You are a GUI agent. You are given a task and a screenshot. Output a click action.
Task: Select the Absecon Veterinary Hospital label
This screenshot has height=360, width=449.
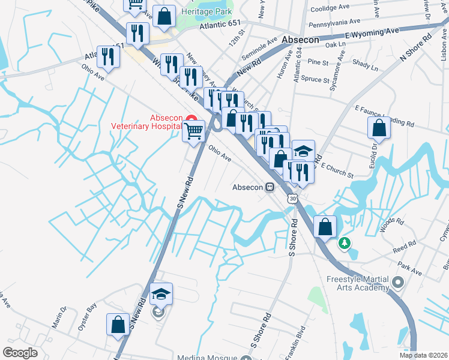tap(146, 122)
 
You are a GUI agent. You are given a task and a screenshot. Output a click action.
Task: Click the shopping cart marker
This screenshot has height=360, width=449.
tap(193, 130)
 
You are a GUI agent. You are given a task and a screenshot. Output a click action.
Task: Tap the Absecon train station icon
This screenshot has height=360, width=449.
tap(271, 187)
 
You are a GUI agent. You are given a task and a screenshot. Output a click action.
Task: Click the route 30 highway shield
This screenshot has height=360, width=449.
tap(292, 199)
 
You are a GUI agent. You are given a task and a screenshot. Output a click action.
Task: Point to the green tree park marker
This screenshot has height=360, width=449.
tap(344, 243)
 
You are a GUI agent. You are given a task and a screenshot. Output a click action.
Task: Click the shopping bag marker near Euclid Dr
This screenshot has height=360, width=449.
tap(379, 128)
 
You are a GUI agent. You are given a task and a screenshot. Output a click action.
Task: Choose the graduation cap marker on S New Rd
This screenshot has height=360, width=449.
tap(161, 294)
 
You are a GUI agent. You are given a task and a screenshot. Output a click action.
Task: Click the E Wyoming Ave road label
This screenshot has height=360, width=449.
tap(372, 33)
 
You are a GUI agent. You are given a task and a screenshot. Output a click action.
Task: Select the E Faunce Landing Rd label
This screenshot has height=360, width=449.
tap(385, 117)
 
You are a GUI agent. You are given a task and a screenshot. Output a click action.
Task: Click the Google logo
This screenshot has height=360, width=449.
tap(20, 353)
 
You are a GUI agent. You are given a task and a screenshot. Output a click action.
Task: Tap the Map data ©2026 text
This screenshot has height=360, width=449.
tap(423, 355)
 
